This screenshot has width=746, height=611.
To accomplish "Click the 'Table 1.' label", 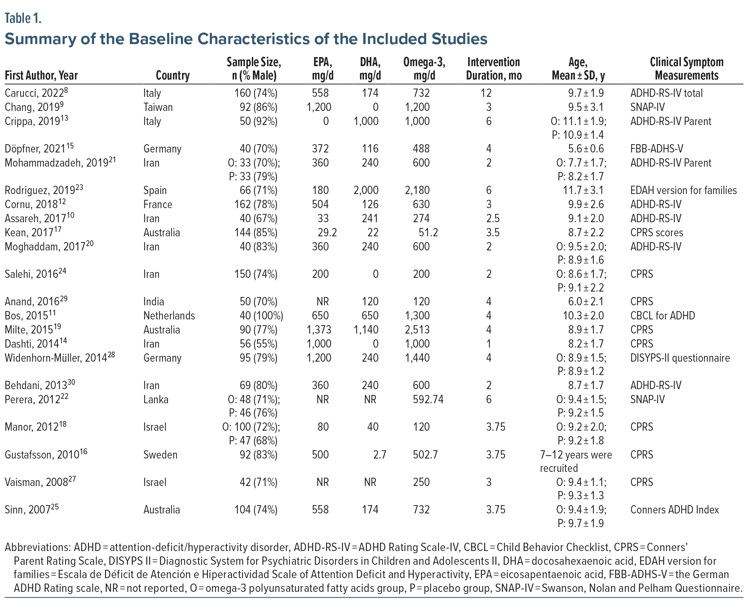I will (x=23, y=18).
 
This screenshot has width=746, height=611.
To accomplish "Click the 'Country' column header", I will (x=173, y=76).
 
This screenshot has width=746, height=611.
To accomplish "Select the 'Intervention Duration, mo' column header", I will (x=493, y=69).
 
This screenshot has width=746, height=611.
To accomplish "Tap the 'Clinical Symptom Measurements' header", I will (x=686, y=69).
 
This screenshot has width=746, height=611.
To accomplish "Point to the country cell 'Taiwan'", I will (x=158, y=107).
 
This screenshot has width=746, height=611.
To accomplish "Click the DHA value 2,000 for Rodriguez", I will (x=366, y=190).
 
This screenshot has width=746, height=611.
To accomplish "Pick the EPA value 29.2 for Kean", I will (x=325, y=232).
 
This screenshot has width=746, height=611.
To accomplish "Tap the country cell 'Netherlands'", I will (x=169, y=316).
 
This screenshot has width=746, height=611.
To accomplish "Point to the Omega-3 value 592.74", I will (x=428, y=400).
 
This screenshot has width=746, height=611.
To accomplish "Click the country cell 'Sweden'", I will (x=160, y=455).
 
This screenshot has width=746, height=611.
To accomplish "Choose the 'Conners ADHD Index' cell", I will (x=674, y=510).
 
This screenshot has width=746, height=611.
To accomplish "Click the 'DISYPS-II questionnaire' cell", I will (x=680, y=358).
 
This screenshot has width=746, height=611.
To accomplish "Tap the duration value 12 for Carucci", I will (x=486, y=93).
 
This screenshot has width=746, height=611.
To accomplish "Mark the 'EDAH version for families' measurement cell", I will (x=683, y=190).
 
